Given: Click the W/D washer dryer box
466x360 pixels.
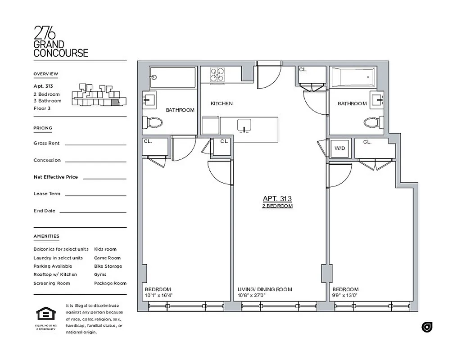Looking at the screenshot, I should tap(340, 148).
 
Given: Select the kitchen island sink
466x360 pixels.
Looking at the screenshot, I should tap(244, 126).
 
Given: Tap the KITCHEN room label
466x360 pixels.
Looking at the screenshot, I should tap(222, 103).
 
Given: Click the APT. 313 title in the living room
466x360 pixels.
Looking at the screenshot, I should tap(277, 198).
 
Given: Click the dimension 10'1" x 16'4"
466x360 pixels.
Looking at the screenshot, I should tap(158, 296).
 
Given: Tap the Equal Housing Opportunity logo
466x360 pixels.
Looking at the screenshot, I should tap(45, 314).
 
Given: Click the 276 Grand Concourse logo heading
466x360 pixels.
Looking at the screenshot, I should tap(61, 41).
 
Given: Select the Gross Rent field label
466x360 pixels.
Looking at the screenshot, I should tap(47, 143).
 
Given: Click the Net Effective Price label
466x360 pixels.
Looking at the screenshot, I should tap(55, 177).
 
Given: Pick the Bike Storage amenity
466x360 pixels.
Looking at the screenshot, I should tap(108, 266).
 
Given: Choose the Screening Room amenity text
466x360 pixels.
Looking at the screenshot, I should tap(51, 283).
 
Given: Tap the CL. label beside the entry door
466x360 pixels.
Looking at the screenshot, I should tap(303, 70).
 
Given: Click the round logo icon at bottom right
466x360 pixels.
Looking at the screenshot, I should tap(426, 327).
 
